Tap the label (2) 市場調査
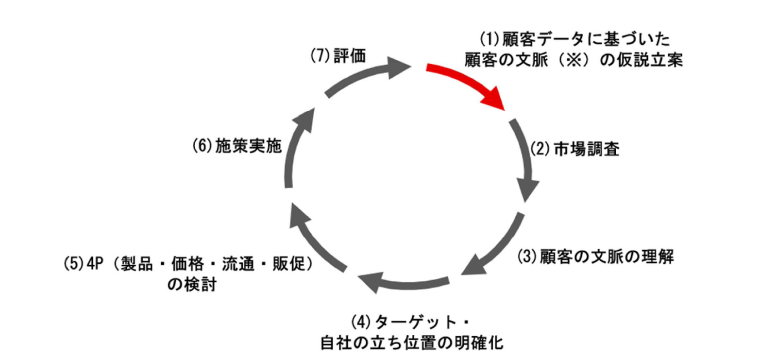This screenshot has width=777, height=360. [x=574, y=149]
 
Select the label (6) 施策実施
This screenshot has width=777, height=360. [x=237, y=145]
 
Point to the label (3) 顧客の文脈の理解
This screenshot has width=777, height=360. [x=595, y=257]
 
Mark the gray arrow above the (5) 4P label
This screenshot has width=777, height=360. [x=316, y=238]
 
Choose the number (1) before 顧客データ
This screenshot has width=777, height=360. [x=490, y=38]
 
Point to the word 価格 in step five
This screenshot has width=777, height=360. [x=187, y=264]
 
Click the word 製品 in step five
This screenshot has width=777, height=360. [x=137, y=264]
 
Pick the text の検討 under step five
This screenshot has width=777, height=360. [x=192, y=284]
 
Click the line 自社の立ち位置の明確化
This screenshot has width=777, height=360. [x=412, y=343]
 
